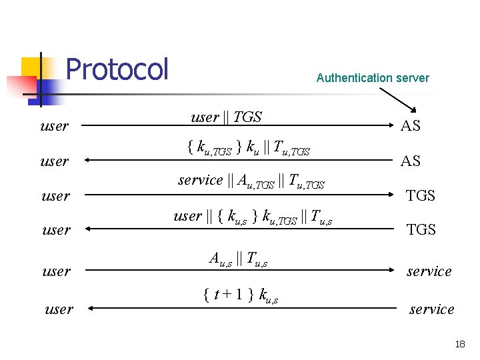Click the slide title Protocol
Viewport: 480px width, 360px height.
point(117,69)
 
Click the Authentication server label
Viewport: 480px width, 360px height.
point(373,78)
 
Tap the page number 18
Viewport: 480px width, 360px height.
point(459,344)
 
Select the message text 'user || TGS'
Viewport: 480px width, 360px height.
point(226,117)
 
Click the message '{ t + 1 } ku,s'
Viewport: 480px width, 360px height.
point(240,294)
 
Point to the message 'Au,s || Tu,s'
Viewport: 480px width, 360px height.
point(238,259)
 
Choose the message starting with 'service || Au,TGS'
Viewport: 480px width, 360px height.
point(251,181)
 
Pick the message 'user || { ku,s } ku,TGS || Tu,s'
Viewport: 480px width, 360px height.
point(253,217)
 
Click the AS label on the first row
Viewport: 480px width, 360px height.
point(410,125)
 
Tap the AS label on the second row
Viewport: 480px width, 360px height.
point(410,161)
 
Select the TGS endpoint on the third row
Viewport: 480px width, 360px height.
point(421,195)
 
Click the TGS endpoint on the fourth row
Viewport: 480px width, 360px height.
point(421,229)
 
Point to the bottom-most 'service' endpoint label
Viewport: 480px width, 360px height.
point(431,309)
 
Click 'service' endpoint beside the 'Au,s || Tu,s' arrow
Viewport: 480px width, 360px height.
point(429,271)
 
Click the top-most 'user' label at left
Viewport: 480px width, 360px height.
point(54,126)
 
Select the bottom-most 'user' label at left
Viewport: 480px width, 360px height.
point(59,309)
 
